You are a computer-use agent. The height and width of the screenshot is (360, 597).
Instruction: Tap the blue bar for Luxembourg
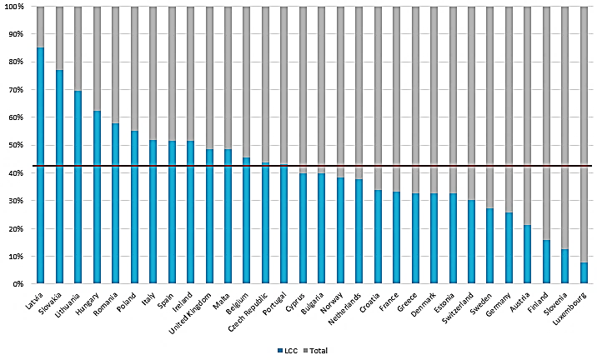584,273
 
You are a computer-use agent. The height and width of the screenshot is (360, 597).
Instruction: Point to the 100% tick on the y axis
14,7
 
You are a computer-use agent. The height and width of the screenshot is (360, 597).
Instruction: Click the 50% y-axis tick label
16,145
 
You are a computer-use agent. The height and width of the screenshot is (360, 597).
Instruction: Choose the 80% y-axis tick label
16,62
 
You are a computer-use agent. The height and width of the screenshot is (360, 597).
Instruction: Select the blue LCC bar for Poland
134,207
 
